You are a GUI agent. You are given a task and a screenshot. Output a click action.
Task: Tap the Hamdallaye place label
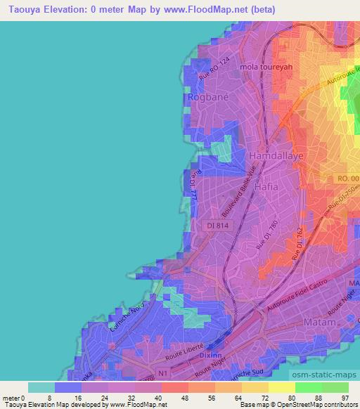[x=276, y=155]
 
